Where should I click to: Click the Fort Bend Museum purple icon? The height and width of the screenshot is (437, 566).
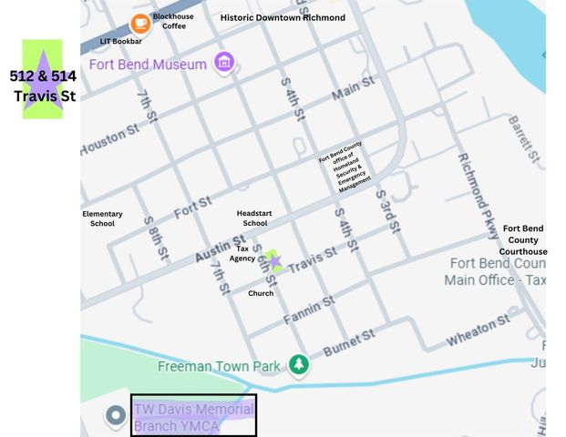(224, 63)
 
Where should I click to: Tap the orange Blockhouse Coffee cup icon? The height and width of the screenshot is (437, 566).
(140, 23)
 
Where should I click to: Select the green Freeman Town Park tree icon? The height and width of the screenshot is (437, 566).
(298, 366)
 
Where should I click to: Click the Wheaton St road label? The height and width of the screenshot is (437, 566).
(478, 331)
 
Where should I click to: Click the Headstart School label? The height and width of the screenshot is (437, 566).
(254, 217)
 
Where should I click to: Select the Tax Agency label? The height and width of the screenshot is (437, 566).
(242, 252)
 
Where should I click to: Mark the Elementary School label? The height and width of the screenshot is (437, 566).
(102, 218)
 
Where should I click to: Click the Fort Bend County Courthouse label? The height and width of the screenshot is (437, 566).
(524, 239)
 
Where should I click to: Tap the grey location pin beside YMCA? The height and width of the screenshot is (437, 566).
(115, 416)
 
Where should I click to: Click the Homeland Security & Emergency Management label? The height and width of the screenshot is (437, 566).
(345, 169)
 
